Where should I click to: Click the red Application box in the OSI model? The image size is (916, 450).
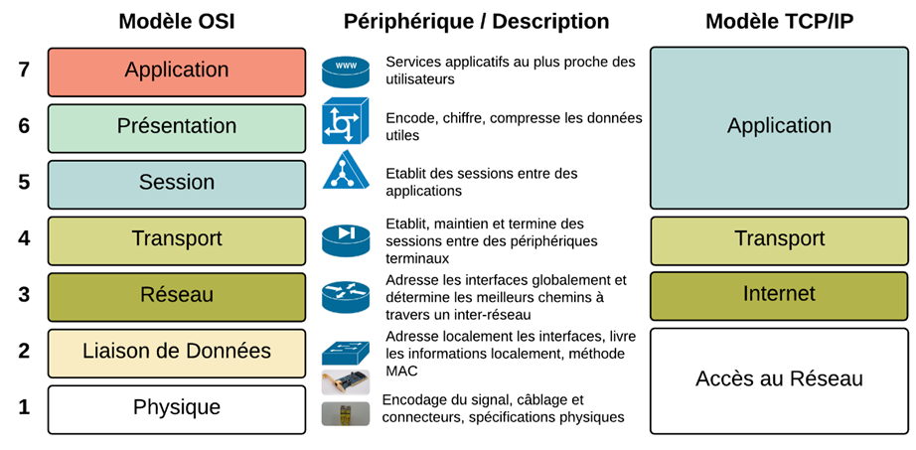point(177,72)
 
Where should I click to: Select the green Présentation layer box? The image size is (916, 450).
point(177,127)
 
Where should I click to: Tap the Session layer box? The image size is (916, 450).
point(177,183)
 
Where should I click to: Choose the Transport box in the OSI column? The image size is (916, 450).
point(177,239)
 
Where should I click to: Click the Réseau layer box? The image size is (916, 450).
point(177,295)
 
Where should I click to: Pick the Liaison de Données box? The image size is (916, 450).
point(177,352)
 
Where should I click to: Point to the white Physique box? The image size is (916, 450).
point(177,408)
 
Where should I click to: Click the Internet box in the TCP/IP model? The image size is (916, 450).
point(779,295)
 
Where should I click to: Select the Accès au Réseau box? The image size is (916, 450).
point(779,379)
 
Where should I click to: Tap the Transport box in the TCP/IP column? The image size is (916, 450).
point(779,239)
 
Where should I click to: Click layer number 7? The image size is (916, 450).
point(24,70)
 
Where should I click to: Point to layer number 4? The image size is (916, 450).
point(24,238)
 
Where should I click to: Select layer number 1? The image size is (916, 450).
point(24,407)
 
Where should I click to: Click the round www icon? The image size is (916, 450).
point(345,72)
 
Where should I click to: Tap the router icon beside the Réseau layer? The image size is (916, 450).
point(345,296)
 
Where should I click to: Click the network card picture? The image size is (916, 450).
point(345,381)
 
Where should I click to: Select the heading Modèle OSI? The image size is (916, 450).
point(177,21)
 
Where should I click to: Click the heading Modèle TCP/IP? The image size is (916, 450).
point(779,21)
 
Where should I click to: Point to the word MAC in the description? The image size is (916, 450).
point(402,371)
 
